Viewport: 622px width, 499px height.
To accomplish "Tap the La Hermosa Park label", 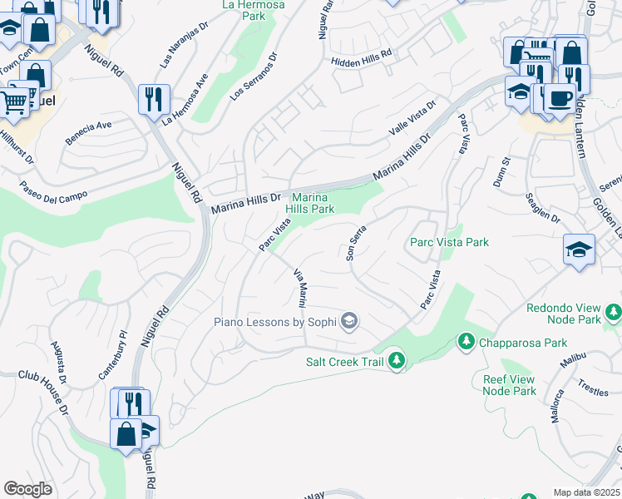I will coord(254,10).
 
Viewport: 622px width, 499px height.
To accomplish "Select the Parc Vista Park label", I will coord(449,242).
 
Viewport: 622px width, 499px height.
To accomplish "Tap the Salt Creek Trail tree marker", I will coord(397,360).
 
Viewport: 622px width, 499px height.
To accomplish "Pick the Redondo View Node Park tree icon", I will coord(614,312).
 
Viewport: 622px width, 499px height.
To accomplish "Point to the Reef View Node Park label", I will coord(510,385).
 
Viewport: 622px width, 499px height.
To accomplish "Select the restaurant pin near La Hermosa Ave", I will coord(154,99).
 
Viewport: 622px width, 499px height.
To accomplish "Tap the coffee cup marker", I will coord(560,97).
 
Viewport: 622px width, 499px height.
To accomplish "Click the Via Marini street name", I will coord(302,286).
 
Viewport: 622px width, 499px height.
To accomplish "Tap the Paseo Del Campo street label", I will coord(48,196).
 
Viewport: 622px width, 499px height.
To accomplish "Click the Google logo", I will coord(28,489).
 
